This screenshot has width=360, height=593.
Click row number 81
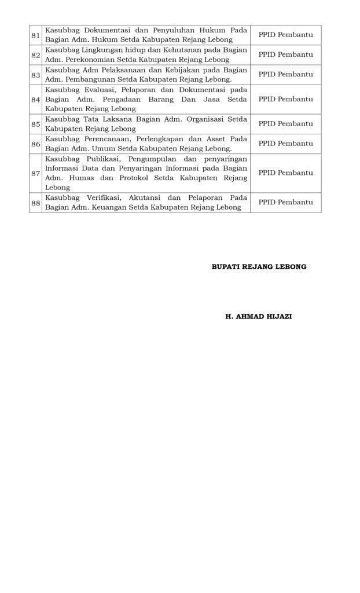pyautogui.click(x=35, y=35)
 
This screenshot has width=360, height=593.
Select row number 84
pyautogui.click(x=35, y=99)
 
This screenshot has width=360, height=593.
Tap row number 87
pyautogui.click(x=35, y=173)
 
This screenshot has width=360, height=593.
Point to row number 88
pyautogui.click(x=35, y=202)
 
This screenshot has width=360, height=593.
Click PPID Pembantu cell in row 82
pyautogui.click(x=285, y=54)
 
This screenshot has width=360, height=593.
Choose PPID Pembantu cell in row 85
pyautogui.click(x=285, y=123)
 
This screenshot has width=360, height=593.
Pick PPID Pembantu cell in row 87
pyautogui.click(x=285, y=173)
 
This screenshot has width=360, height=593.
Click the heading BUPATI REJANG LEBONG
pyautogui.click(x=259, y=267)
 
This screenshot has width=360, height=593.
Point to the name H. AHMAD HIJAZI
pyautogui.click(x=259, y=317)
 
